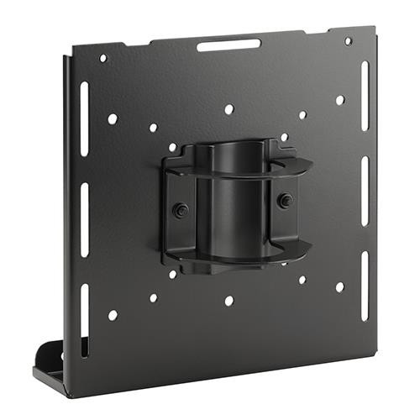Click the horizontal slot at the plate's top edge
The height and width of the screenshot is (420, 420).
[x=228, y=45]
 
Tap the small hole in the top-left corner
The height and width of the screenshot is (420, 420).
[x=103, y=59]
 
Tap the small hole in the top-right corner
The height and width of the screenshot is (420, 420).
[x=348, y=40]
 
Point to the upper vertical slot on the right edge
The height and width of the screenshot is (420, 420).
[x=364, y=96]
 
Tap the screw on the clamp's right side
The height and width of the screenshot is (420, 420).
[x=285, y=201]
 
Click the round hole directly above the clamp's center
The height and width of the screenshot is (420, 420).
[x=228, y=109]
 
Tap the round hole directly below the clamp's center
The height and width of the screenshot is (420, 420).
[x=228, y=300]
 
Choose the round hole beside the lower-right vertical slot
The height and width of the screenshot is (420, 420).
[x=339, y=286]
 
